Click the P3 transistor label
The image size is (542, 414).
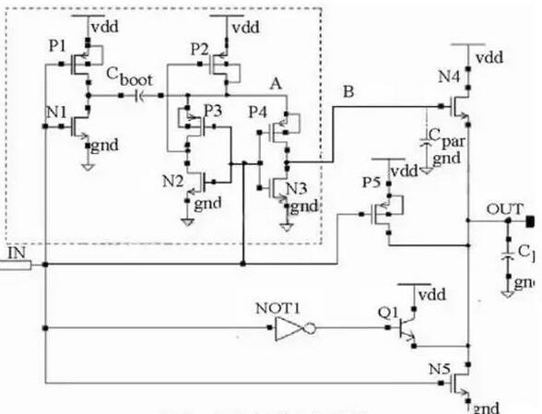point(213,110)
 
